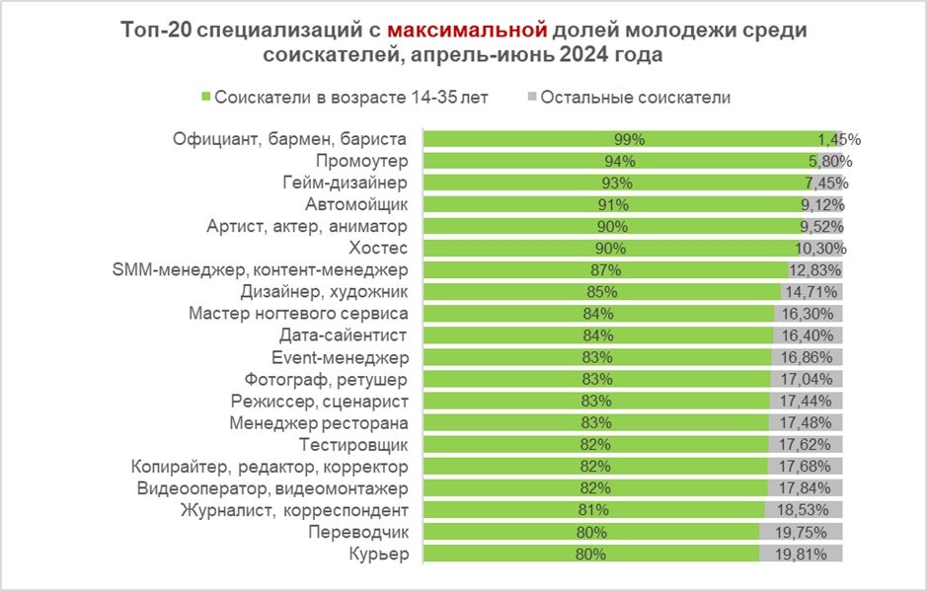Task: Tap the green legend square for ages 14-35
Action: coord(206,97)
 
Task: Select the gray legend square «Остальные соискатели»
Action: coord(532,97)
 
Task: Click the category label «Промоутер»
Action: coord(361,161)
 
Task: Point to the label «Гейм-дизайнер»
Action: coord(346,183)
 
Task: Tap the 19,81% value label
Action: coord(815,554)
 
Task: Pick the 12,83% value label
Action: coord(815,270)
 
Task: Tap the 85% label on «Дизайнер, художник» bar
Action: coord(601,292)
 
